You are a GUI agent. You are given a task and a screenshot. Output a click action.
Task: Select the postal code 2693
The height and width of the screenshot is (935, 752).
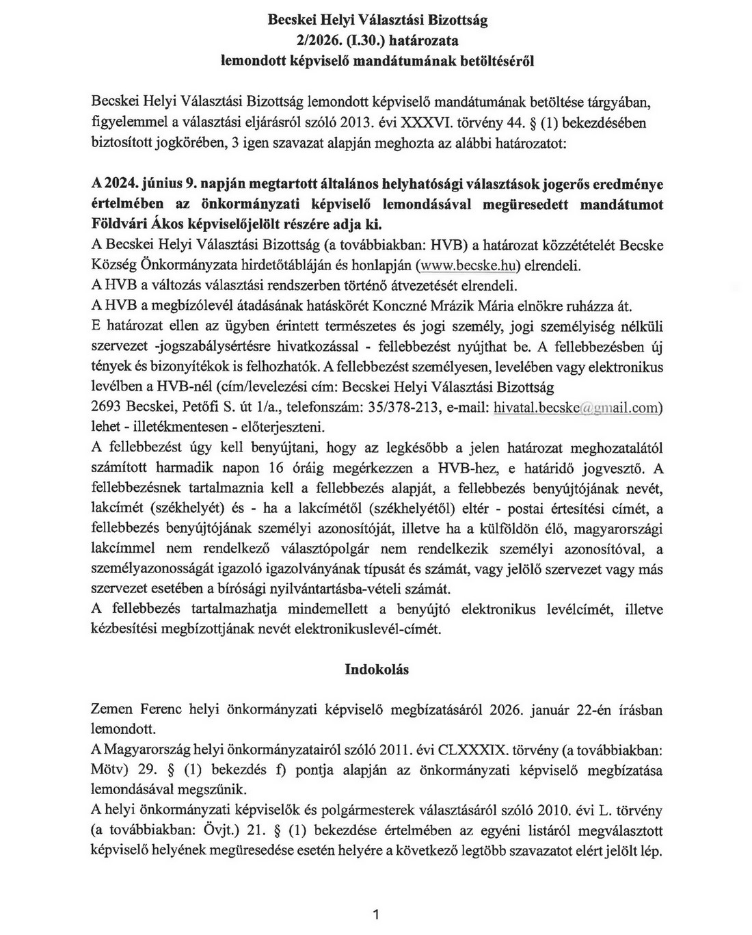[106, 407]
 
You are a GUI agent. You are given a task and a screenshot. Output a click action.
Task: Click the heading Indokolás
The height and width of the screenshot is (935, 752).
[377, 670]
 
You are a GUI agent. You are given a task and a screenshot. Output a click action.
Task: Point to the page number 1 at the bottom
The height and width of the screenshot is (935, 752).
[376, 914]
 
